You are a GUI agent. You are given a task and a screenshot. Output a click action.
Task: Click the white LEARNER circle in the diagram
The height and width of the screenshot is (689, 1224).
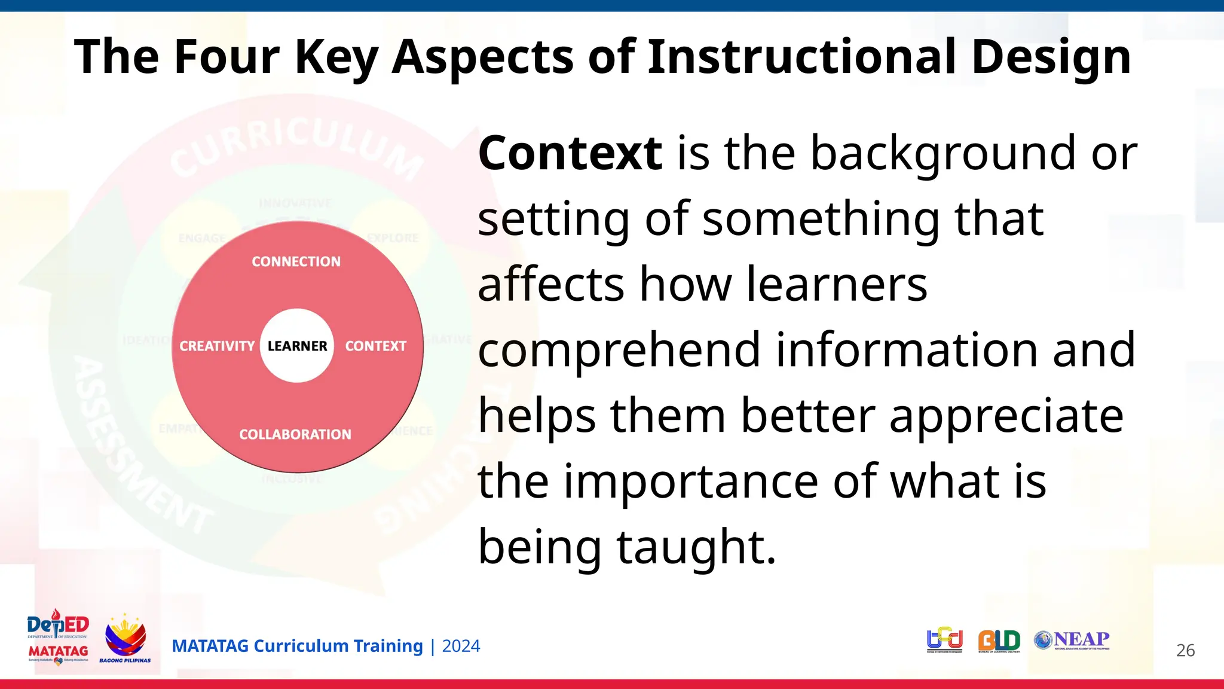(x=297, y=346)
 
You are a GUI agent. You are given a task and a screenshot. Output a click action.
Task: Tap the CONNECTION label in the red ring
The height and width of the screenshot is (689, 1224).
(x=296, y=261)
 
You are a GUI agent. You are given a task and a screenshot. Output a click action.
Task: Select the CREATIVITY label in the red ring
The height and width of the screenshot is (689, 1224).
(x=217, y=346)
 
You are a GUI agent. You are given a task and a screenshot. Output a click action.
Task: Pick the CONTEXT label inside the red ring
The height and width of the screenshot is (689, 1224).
(x=375, y=346)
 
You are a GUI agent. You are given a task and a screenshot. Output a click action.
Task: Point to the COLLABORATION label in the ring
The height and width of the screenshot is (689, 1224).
(x=295, y=434)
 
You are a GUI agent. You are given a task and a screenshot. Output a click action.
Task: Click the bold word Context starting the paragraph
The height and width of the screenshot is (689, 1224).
(x=570, y=153)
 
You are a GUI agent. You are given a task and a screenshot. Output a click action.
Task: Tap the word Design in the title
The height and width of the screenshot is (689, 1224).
(x=1051, y=57)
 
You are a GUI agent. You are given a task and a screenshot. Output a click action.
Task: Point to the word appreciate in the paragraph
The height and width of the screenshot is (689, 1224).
(x=1006, y=416)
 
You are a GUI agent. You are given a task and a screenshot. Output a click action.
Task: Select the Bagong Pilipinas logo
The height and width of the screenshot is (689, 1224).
(x=125, y=638)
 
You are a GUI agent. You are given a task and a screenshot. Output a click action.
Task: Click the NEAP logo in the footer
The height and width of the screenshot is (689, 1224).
(x=1072, y=640)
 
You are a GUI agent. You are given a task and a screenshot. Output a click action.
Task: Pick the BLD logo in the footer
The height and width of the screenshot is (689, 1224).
(x=999, y=641)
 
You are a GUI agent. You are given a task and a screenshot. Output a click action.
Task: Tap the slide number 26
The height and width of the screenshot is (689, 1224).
(x=1185, y=650)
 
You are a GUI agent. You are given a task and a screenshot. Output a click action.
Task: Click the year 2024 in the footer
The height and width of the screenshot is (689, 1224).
(x=461, y=646)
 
